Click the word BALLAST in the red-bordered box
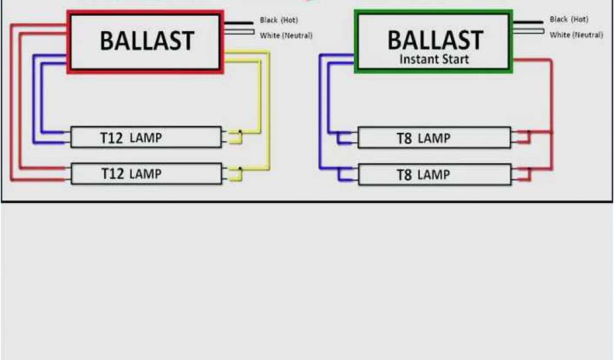click(147, 41)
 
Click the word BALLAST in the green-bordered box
click(435, 40)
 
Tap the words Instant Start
click(434, 59)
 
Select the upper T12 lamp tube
click(146, 137)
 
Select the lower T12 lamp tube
click(146, 174)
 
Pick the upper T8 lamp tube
click(434, 138)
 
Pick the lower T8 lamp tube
click(434, 175)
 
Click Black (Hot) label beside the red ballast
click(279, 20)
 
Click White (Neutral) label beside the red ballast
click(286, 35)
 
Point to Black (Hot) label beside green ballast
click(569, 20)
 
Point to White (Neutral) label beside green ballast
click(576, 35)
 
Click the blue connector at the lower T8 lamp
click(345, 175)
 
